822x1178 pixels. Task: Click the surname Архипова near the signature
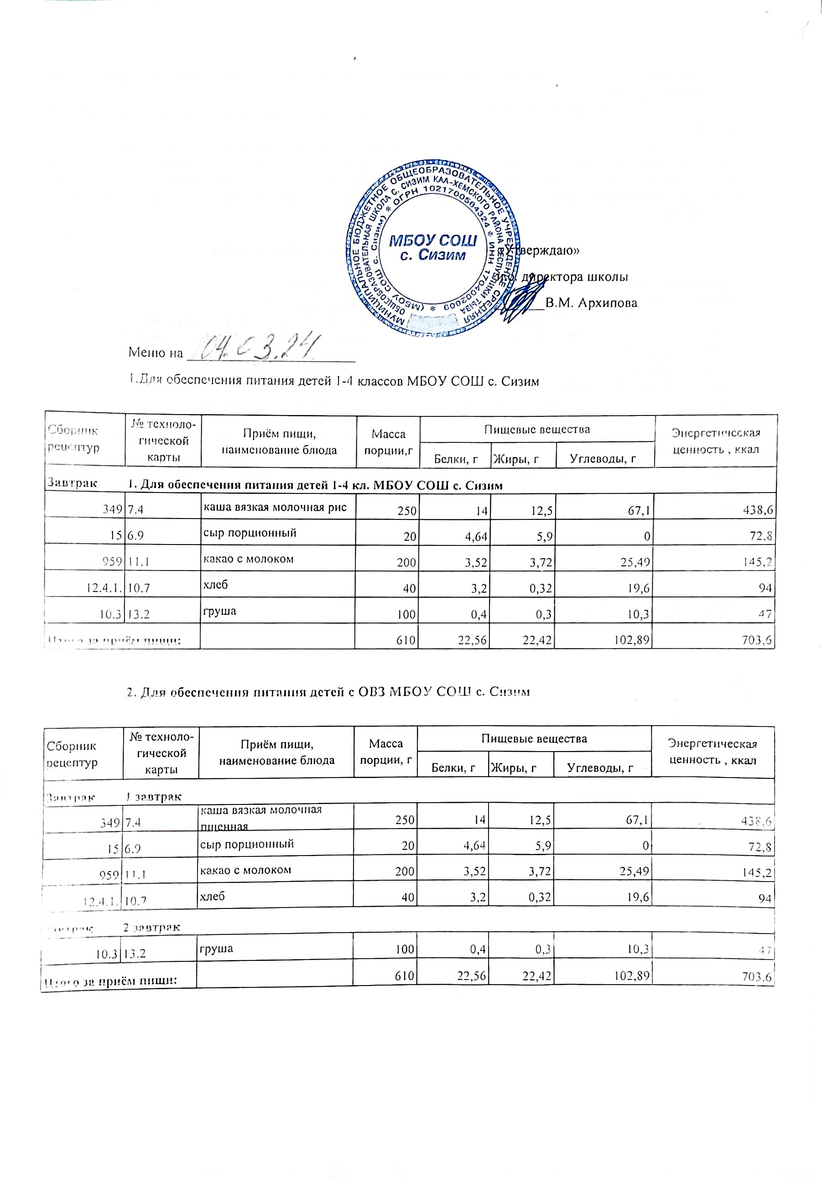coord(591,303)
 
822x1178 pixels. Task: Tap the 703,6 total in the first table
coord(757,640)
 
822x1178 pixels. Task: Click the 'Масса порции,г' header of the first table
coord(389,442)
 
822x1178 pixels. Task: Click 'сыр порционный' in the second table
coord(246,844)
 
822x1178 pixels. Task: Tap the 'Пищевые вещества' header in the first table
coord(537,429)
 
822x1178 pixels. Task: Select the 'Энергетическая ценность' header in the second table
coord(712,752)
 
